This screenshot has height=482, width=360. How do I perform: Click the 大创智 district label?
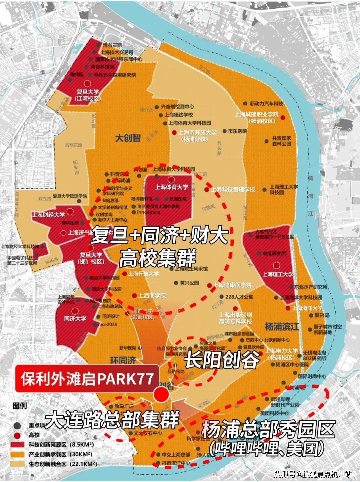point(128,138)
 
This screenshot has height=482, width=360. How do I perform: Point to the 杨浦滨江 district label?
point(282,327)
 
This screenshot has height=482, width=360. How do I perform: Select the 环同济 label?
point(123,360)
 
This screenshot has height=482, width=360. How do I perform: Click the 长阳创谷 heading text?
point(222,360)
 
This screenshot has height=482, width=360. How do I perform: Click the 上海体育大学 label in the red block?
point(171,187)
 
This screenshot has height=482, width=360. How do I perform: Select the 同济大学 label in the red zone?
point(75,319)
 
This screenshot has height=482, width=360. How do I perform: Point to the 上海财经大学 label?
point(48,215)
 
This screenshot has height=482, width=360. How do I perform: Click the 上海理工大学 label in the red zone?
point(278,274)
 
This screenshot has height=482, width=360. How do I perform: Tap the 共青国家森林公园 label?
point(281,141)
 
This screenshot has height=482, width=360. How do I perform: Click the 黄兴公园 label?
point(189,283)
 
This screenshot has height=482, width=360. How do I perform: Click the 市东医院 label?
point(237,131)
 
